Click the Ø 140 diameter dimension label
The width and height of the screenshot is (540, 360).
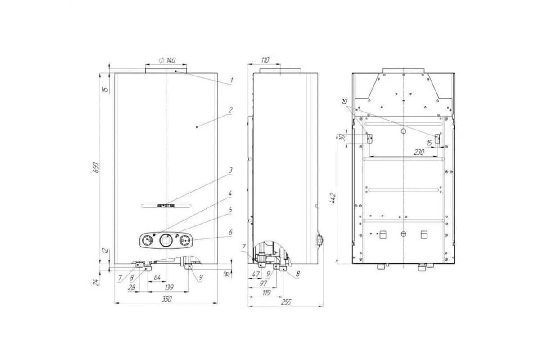click(x=167, y=60)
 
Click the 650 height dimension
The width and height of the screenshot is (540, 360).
click(x=96, y=167)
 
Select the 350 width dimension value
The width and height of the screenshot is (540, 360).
click(x=166, y=299)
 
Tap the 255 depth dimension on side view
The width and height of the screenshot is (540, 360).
click(x=286, y=302)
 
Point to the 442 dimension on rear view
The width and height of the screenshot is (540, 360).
click(x=333, y=198)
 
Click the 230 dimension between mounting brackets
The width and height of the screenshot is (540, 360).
click(x=419, y=152)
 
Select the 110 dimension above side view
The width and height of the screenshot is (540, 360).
click(x=265, y=60)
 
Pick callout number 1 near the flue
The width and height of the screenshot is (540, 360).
click(x=231, y=80)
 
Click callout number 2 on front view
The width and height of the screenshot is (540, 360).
click(x=230, y=110)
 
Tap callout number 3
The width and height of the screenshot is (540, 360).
click(x=230, y=170)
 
